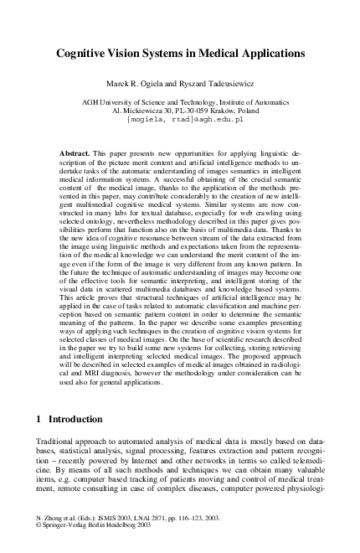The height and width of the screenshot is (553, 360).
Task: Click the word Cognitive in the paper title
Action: pyautogui.click(x=84, y=53)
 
